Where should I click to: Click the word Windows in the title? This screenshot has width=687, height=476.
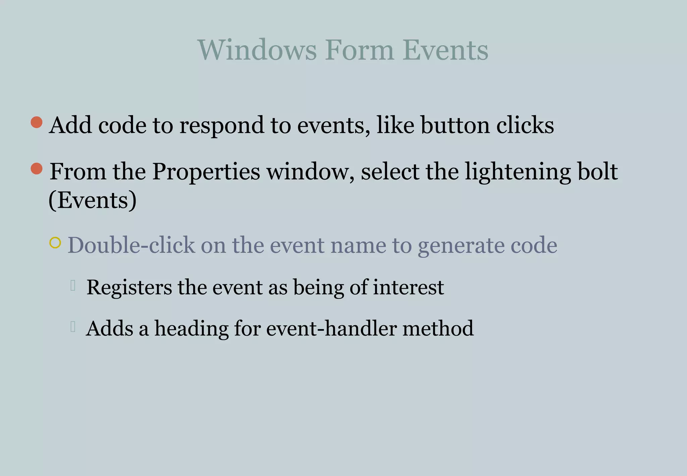click(257, 50)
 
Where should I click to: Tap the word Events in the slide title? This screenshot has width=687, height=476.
click(445, 50)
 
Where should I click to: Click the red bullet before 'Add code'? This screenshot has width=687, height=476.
click(37, 122)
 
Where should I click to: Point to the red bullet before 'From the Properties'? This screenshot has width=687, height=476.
click(37, 169)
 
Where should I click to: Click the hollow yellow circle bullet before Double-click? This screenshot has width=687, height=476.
click(55, 242)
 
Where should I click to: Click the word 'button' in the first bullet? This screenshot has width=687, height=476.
click(455, 125)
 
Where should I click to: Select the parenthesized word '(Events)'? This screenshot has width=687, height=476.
click(93, 200)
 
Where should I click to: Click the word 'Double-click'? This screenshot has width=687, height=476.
click(131, 245)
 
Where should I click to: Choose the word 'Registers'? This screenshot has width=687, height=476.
click(129, 288)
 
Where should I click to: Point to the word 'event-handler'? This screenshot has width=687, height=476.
click(331, 328)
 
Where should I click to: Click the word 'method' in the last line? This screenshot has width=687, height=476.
click(438, 328)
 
